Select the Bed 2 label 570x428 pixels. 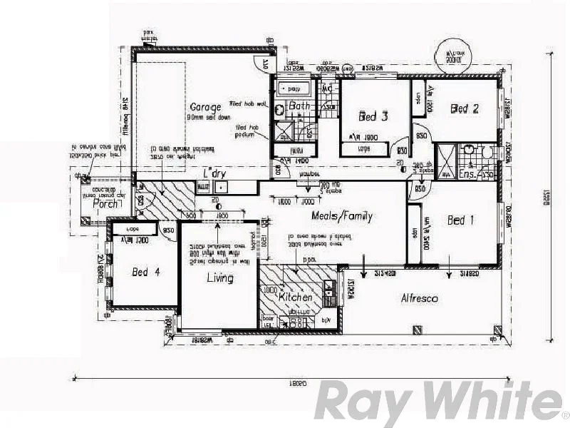464,109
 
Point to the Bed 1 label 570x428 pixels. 460,220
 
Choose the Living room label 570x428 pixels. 220,277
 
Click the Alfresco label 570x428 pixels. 420,299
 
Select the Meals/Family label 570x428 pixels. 342,216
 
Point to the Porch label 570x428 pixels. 105,203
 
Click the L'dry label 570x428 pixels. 214,173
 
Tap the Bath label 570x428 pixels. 300,107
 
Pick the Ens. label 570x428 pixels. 468,173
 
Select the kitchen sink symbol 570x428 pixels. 328,288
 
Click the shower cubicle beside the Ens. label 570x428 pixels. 447,162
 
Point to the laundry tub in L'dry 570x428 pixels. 221,187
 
